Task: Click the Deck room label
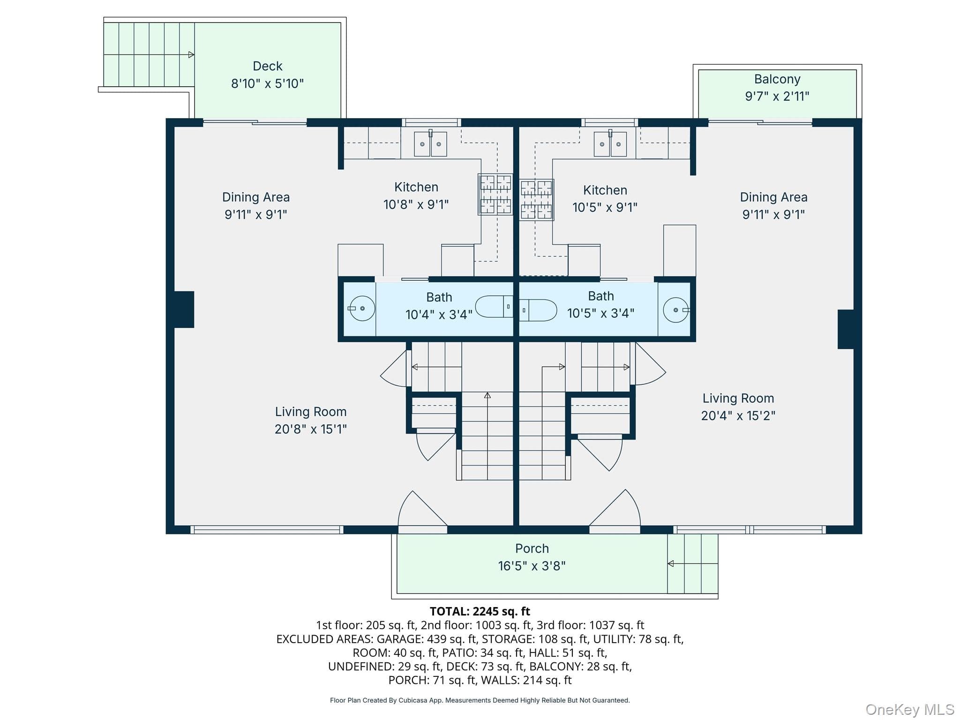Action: (267, 66)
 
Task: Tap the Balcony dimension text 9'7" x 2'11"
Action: (777, 96)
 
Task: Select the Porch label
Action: (532, 548)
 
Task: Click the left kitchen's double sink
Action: (430, 143)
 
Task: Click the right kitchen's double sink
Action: (610, 143)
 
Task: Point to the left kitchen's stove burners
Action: (495, 195)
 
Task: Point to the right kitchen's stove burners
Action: (537, 200)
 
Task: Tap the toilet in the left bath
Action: (494, 307)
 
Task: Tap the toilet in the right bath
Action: (538, 310)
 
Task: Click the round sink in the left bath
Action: (362, 308)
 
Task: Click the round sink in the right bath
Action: (676, 310)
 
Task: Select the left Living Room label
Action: (311, 412)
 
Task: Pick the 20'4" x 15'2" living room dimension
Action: (738, 416)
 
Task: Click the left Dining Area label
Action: (256, 197)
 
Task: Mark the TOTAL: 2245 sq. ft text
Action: (480, 611)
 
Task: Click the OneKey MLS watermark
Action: (910, 710)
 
